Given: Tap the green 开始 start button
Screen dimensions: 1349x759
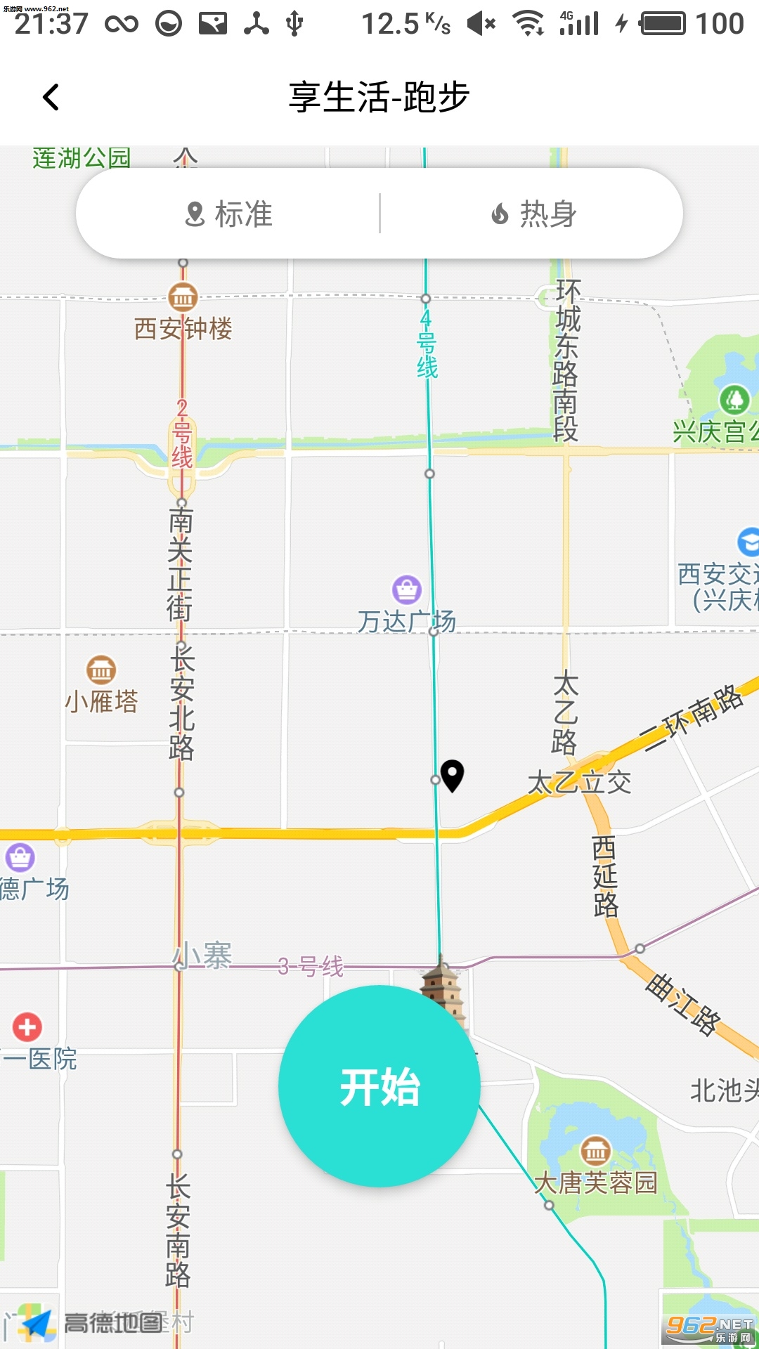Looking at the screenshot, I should [379, 1086].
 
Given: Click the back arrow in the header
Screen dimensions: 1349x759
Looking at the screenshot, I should [51, 97].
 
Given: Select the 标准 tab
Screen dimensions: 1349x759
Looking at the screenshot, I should [228, 214].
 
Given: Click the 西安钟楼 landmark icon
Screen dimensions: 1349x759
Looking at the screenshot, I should [183, 297].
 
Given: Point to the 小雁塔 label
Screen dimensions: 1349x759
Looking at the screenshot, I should [101, 701].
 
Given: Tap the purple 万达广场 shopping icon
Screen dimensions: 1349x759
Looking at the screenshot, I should [407, 589].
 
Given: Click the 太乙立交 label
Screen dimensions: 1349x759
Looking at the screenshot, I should [579, 782].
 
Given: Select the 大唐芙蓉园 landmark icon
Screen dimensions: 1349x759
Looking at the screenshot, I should [595, 1151].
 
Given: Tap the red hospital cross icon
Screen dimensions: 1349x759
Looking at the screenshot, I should [27, 1027].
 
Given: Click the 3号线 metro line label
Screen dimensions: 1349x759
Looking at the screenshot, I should [311, 967].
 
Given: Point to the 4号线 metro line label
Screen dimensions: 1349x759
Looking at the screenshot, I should [427, 345].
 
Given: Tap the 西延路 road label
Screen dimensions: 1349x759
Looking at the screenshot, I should [604, 876].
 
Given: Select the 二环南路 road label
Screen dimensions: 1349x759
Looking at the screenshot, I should [693, 717].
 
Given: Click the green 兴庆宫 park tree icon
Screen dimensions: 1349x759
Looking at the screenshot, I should [734, 400].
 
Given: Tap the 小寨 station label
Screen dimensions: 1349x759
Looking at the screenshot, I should [203, 956].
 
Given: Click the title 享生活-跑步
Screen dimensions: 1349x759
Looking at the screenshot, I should [379, 97].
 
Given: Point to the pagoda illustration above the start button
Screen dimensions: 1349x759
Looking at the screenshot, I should [443, 987].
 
